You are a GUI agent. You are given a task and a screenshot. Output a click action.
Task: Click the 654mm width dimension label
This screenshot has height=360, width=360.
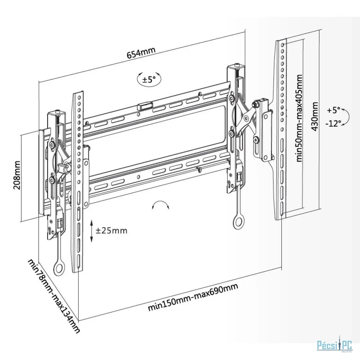tap(141, 53)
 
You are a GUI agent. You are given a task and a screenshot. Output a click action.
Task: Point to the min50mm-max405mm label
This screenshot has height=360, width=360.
tap(298, 118)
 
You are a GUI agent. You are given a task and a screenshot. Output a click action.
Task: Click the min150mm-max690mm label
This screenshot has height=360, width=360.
tap(193, 297)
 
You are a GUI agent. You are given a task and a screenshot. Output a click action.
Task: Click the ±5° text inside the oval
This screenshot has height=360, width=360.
tap(149, 79)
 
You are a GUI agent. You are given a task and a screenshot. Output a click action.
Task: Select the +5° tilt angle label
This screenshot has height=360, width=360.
tap(334, 109)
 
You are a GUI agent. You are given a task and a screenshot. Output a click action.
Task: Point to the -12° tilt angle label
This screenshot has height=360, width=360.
tap(333, 123)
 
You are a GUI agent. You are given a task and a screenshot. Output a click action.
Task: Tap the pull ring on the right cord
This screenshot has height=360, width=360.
tap(238, 222)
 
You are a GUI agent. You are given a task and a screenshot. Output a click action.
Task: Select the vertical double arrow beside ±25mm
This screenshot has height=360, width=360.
tap(92, 230)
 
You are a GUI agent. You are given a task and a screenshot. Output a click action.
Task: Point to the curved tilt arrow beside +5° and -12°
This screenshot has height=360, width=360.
tap(346, 116)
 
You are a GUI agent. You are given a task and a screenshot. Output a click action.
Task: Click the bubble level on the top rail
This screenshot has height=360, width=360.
tap(144, 107)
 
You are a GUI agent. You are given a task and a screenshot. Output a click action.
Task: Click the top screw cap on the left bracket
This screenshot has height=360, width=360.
tap(57, 112)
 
